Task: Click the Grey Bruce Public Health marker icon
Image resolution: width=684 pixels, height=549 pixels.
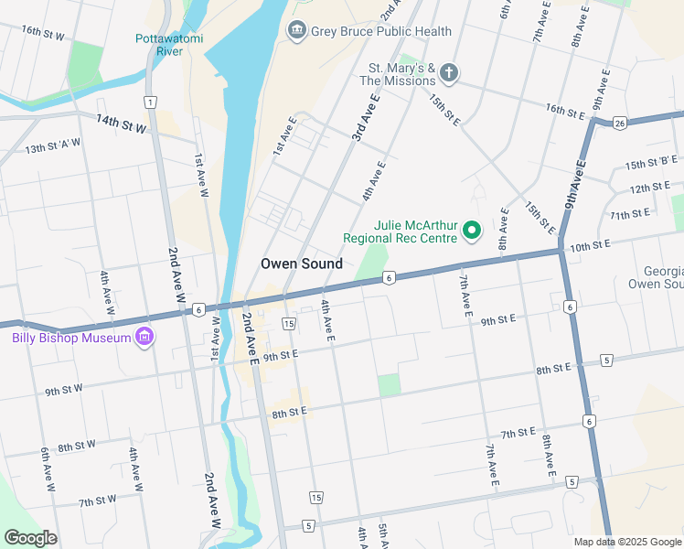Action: point(296,31)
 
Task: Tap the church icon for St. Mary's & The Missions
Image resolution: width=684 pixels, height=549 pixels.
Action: point(448,72)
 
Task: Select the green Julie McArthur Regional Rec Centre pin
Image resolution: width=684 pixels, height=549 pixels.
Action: point(472,230)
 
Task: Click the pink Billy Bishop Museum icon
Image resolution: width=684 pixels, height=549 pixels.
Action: point(143,339)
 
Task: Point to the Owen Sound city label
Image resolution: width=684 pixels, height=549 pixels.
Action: point(302,264)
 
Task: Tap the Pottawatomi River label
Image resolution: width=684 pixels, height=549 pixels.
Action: point(169,45)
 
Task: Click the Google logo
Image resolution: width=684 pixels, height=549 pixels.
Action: point(30,538)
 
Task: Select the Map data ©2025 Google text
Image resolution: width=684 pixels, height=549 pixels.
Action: point(626,542)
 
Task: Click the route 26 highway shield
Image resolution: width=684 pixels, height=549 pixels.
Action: point(620,124)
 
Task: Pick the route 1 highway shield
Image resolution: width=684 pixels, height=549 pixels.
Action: point(149,102)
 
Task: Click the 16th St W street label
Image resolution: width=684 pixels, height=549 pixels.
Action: point(43,34)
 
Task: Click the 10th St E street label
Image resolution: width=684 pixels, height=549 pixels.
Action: point(589,246)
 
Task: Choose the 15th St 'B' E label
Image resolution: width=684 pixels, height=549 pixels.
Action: point(650,164)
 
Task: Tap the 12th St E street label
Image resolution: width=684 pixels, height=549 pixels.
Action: point(650,188)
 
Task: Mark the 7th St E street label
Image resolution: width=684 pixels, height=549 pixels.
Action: point(518,433)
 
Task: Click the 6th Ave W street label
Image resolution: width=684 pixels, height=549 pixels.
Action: point(45,467)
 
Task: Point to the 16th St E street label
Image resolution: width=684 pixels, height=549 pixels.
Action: point(565,112)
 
